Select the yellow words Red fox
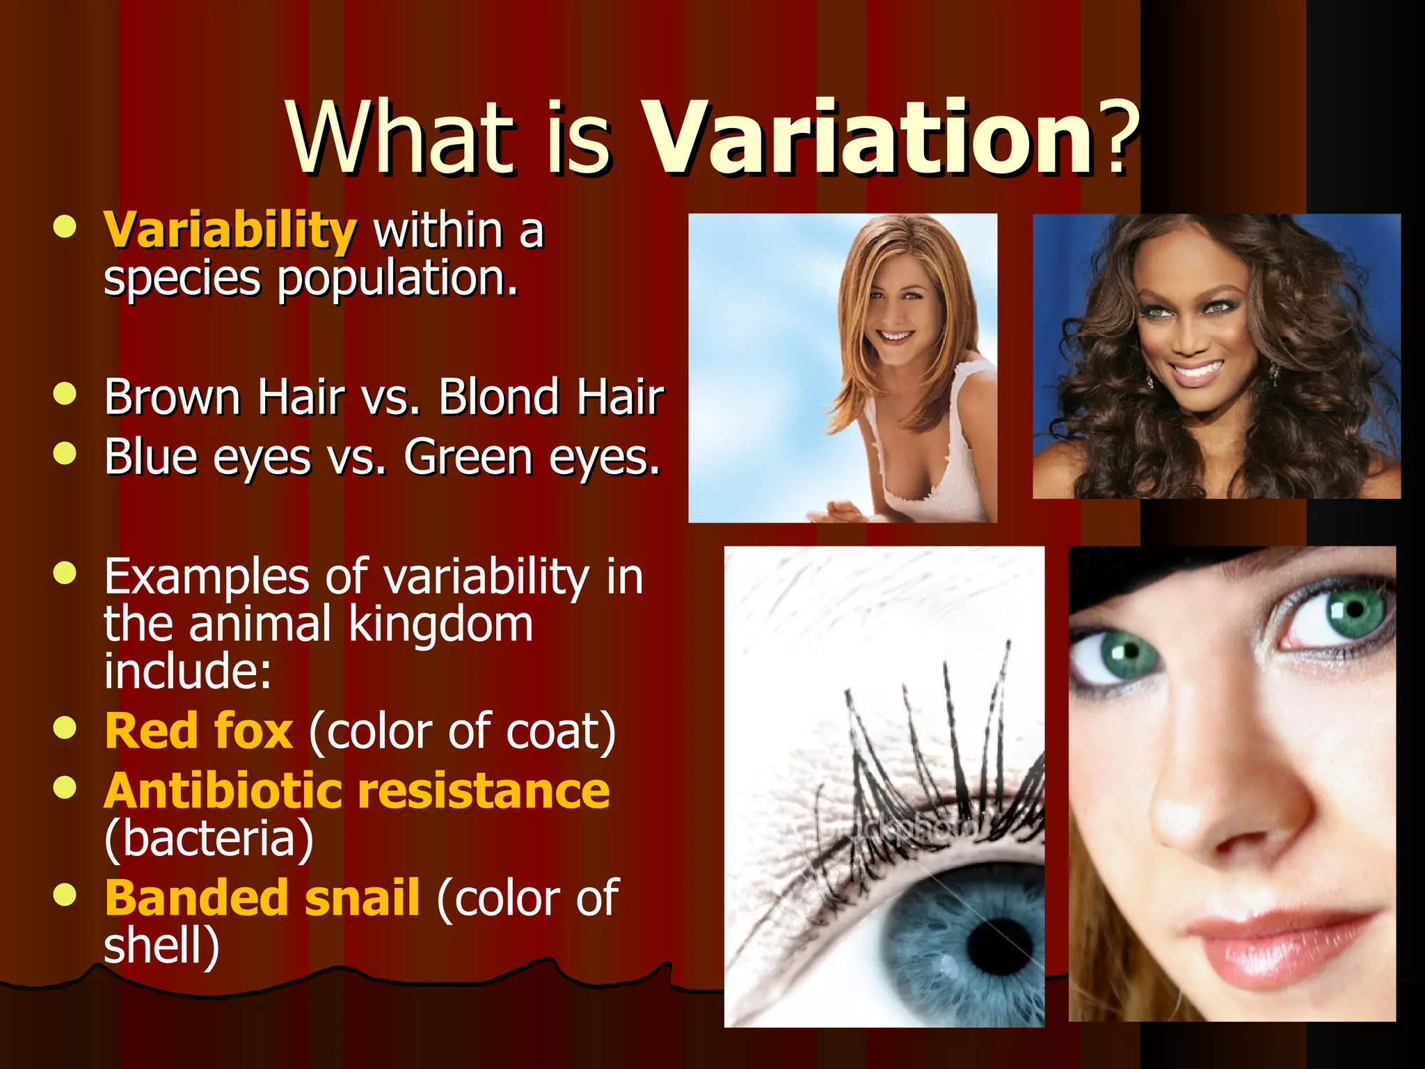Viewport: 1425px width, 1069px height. coord(198,731)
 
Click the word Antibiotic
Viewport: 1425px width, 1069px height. coord(223,792)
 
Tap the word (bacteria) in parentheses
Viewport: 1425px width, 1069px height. coord(209,839)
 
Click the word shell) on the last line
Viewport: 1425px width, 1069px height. coord(161,947)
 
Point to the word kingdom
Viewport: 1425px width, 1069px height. coord(440,624)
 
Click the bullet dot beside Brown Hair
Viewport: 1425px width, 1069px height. coord(64,394)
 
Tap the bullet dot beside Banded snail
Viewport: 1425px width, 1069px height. coord(64,895)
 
